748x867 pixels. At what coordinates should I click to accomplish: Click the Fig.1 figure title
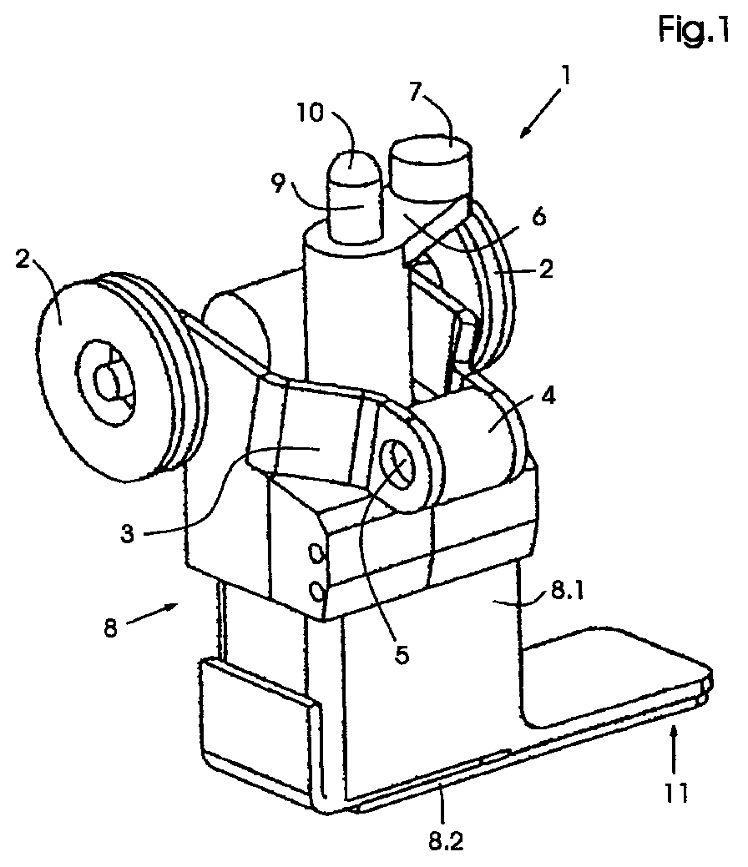coord(694,28)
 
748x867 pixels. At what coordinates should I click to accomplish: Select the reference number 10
coord(311,113)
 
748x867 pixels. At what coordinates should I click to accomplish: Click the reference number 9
coord(279,184)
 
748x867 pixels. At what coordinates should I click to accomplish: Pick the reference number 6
coord(538,217)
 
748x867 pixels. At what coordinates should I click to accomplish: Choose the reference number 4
coord(548,396)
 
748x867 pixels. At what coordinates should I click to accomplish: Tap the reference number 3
coord(127,534)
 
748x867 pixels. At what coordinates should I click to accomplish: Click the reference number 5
coord(402,655)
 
